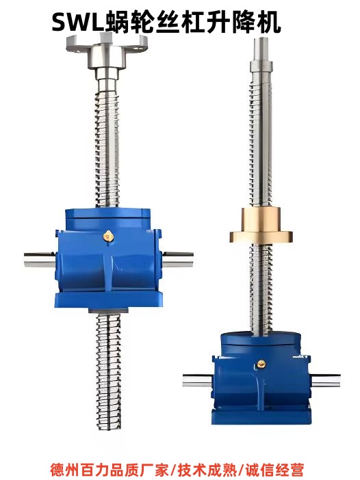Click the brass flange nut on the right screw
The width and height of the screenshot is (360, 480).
pos(261,225)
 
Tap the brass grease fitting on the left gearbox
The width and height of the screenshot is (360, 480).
pos(108,236)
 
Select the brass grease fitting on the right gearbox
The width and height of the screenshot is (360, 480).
pos(261,364)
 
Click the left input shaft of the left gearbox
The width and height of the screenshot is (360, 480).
pos(40,260)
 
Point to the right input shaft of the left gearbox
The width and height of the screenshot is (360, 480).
pos(178,260)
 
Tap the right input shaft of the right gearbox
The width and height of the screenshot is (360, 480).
pos(325,380)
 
